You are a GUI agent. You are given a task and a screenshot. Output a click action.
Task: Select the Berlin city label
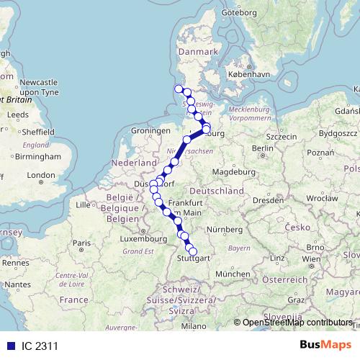(x=262, y=148)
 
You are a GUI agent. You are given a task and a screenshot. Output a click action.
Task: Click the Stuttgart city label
(x=193, y=257)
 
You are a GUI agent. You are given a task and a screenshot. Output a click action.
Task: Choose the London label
(x=40, y=175)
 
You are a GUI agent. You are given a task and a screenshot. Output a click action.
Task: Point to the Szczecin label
(x=282, y=136)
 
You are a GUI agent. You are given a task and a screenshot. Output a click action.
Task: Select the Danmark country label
(x=197, y=53)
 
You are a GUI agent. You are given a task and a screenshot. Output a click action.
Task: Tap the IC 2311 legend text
(x=40, y=346)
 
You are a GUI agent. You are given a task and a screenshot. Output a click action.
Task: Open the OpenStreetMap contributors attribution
(x=298, y=323)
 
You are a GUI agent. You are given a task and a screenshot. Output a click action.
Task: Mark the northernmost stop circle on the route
(x=179, y=89)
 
